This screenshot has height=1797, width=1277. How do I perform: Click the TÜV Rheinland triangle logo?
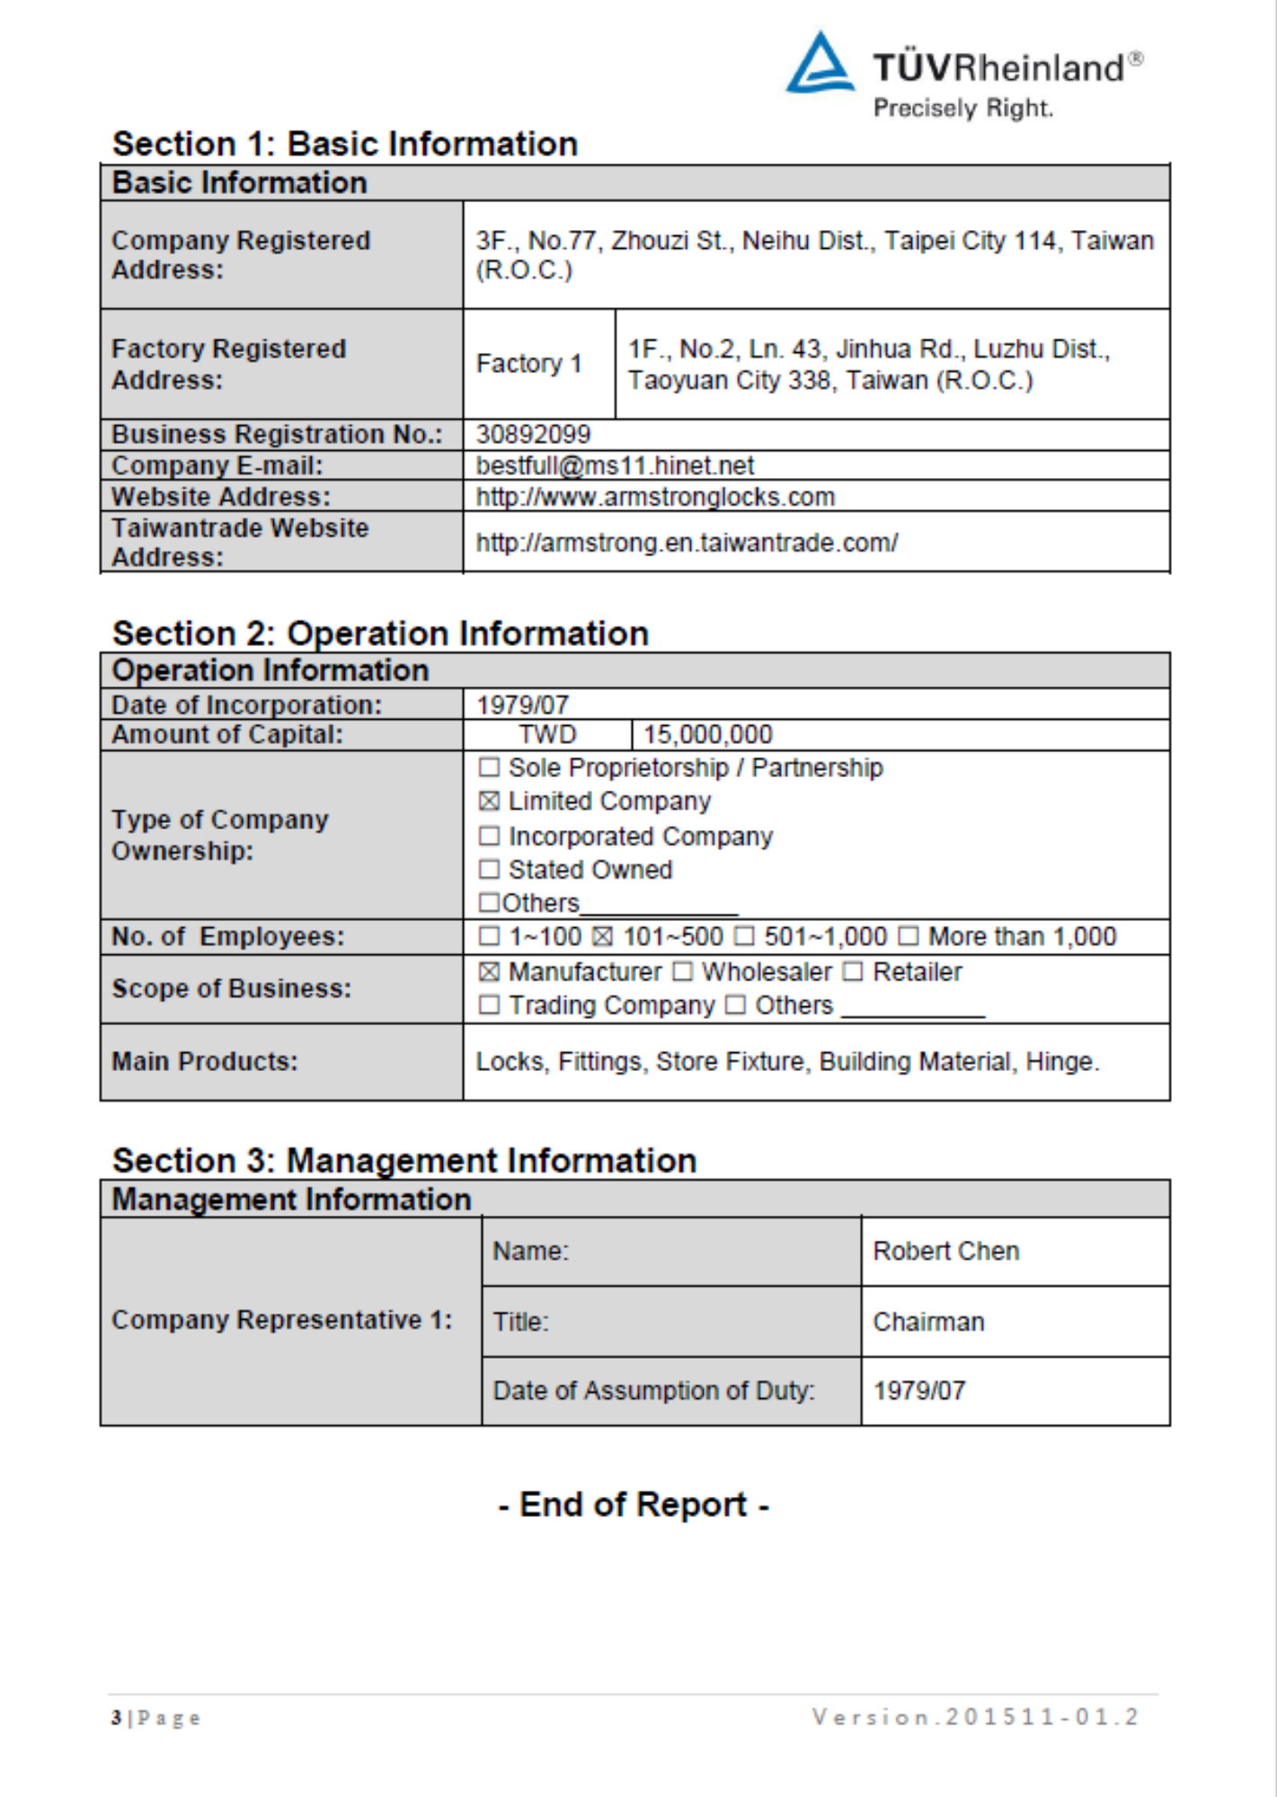[819, 65]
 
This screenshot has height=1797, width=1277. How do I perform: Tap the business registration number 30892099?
[533, 435]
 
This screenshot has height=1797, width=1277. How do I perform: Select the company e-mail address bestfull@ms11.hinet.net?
[615, 465]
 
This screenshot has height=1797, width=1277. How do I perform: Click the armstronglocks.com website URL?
[655, 497]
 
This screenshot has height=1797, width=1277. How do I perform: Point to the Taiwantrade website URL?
[687, 543]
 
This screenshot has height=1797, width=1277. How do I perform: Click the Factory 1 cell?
[529, 364]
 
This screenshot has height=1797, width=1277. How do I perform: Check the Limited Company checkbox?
[489, 801]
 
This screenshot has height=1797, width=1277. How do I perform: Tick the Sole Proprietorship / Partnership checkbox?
[489, 767]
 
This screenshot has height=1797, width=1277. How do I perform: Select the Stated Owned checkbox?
[489, 870]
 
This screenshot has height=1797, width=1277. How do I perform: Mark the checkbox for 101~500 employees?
[603, 937]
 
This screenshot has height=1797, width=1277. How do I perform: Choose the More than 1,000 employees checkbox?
[909, 937]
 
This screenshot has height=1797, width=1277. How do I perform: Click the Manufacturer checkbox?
[489, 972]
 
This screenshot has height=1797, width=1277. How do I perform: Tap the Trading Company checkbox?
[489, 1005]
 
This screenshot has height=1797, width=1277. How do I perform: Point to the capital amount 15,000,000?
[707, 735]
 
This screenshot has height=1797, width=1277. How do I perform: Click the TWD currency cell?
[547, 735]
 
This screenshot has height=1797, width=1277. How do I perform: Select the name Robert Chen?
[946, 1252]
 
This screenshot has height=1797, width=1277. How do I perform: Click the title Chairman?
[928, 1322]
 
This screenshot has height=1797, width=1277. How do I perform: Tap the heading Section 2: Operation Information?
[380, 633]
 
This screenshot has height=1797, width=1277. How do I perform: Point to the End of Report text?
[634, 1505]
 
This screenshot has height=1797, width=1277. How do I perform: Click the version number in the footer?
[976, 1717]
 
